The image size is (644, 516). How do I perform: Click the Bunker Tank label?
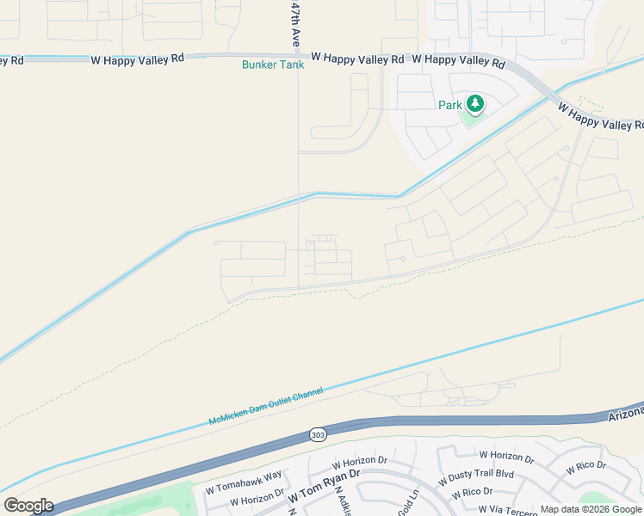coord(272,64)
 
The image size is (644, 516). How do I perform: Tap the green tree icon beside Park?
coord(474,104)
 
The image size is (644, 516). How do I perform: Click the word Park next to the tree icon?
coord(449,105)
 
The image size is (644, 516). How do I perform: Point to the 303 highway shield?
coord(316,435)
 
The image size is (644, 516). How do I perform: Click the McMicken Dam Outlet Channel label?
coord(266,406)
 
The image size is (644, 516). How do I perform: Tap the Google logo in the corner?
coord(28,505)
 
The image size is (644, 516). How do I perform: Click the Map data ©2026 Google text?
coord(591,510)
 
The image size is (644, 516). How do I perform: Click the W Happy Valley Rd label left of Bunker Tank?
coord(138,58)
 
